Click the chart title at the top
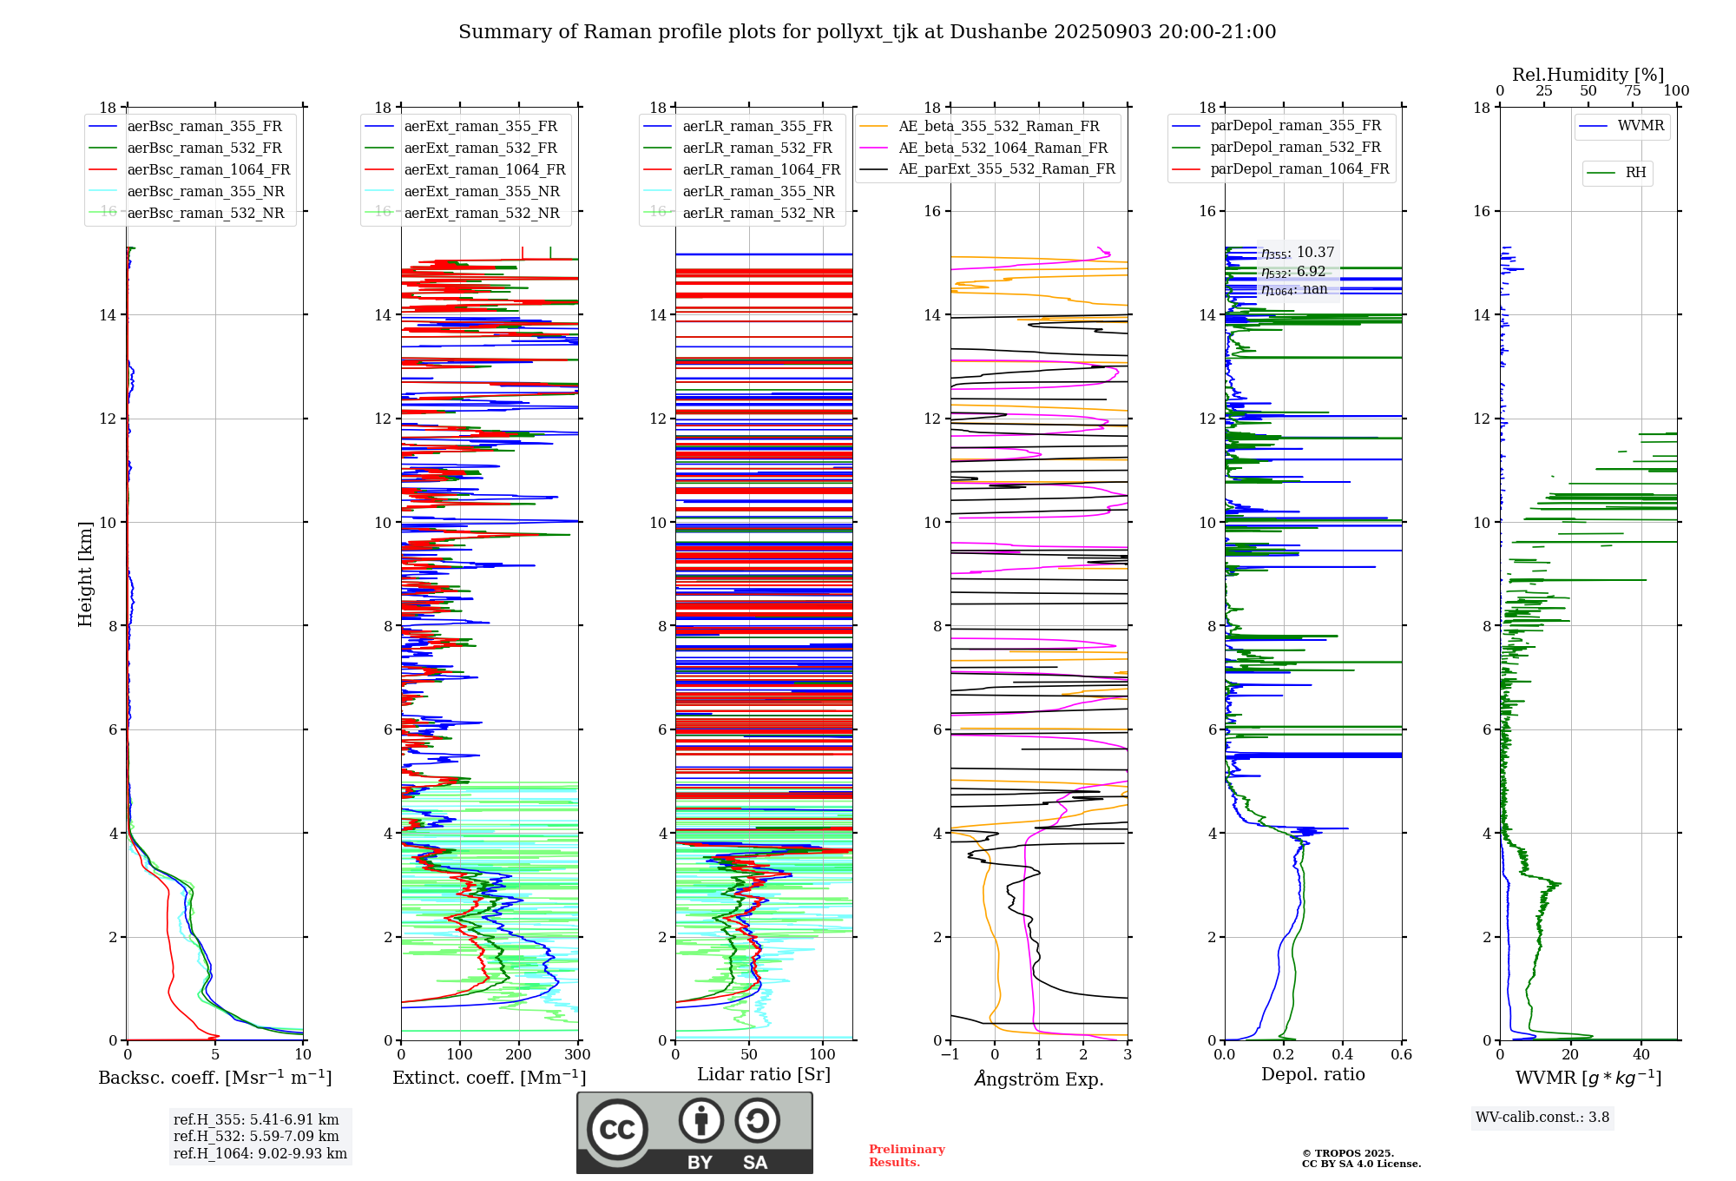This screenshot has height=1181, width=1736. pos(867,32)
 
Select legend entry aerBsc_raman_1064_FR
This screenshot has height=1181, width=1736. pos(208,170)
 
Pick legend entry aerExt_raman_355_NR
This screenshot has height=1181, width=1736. pos(482,192)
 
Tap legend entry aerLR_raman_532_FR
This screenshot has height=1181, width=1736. pos(757,148)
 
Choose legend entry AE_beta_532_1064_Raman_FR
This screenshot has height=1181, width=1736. pos(1003,148)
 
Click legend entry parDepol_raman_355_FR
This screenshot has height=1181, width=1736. pos(1295,126)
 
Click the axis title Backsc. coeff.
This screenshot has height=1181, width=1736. pos(214,1078)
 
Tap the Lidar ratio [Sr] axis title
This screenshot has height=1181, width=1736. pos(764,1074)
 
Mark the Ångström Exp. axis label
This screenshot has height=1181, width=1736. pos(1039,1079)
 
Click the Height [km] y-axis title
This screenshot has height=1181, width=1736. pos(85,573)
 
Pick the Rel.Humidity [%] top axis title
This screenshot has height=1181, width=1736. pos(1588,75)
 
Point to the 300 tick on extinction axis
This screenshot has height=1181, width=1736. pos(578,1055)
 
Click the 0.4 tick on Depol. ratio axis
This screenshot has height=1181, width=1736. pos(1343,1055)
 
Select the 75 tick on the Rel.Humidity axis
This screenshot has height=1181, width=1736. pos(1633,91)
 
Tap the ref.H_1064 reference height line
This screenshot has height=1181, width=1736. pos(260,1154)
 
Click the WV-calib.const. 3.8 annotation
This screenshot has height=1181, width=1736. pos(1542,1118)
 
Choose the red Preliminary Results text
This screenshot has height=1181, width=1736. pos(906,1156)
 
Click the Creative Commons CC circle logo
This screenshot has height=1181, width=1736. pos(617,1130)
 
